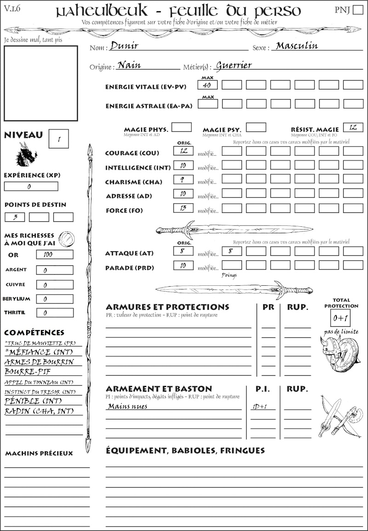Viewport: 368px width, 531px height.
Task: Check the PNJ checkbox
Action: (x=357, y=10)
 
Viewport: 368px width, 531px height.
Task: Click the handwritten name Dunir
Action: (x=124, y=46)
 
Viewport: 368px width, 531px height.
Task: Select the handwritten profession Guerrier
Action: (x=234, y=65)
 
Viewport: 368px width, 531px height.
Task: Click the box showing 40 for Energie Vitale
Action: (x=207, y=85)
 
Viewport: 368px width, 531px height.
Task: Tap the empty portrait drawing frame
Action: (x=40, y=83)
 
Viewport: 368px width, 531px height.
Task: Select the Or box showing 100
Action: (x=54, y=254)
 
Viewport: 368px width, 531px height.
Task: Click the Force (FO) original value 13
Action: (x=183, y=208)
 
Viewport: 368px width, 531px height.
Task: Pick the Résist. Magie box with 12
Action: (x=353, y=127)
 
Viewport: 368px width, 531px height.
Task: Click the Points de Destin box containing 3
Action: (x=15, y=217)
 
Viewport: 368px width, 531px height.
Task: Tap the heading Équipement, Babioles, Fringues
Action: (x=185, y=450)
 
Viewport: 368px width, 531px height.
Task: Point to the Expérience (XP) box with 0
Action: (x=31, y=187)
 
